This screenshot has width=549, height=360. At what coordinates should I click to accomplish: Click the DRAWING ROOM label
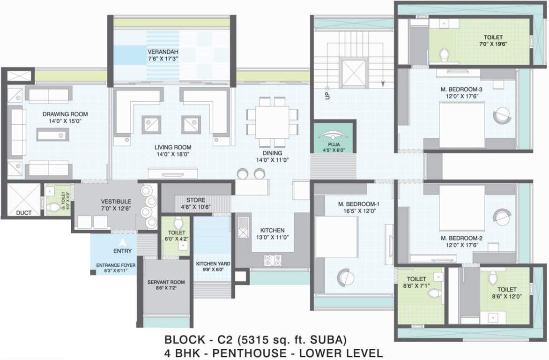[x=65, y=114]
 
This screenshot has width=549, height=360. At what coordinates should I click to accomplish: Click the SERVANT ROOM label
[x=166, y=282]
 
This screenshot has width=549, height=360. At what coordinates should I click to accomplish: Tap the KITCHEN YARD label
[x=213, y=264]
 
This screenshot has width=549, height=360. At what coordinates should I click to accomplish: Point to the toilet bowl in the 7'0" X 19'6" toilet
[x=444, y=54]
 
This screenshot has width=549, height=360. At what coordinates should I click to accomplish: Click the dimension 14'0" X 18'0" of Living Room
[x=173, y=154]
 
